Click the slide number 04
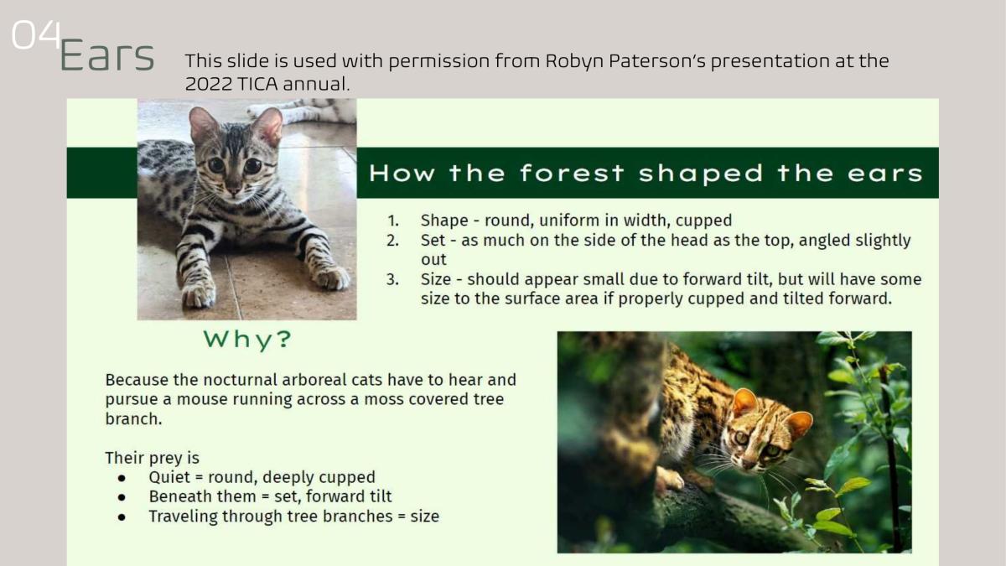(x=36, y=34)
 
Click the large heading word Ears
(x=107, y=55)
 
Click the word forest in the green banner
(x=572, y=174)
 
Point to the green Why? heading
(x=247, y=339)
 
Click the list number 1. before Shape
(x=393, y=221)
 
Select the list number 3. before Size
(x=392, y=279)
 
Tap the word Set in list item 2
(x=433, y=241)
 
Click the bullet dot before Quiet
(x=122, y=479)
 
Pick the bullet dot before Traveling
(x=122, y=517)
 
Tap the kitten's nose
(x=233, y=190)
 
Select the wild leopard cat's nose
(x=748, y=464)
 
